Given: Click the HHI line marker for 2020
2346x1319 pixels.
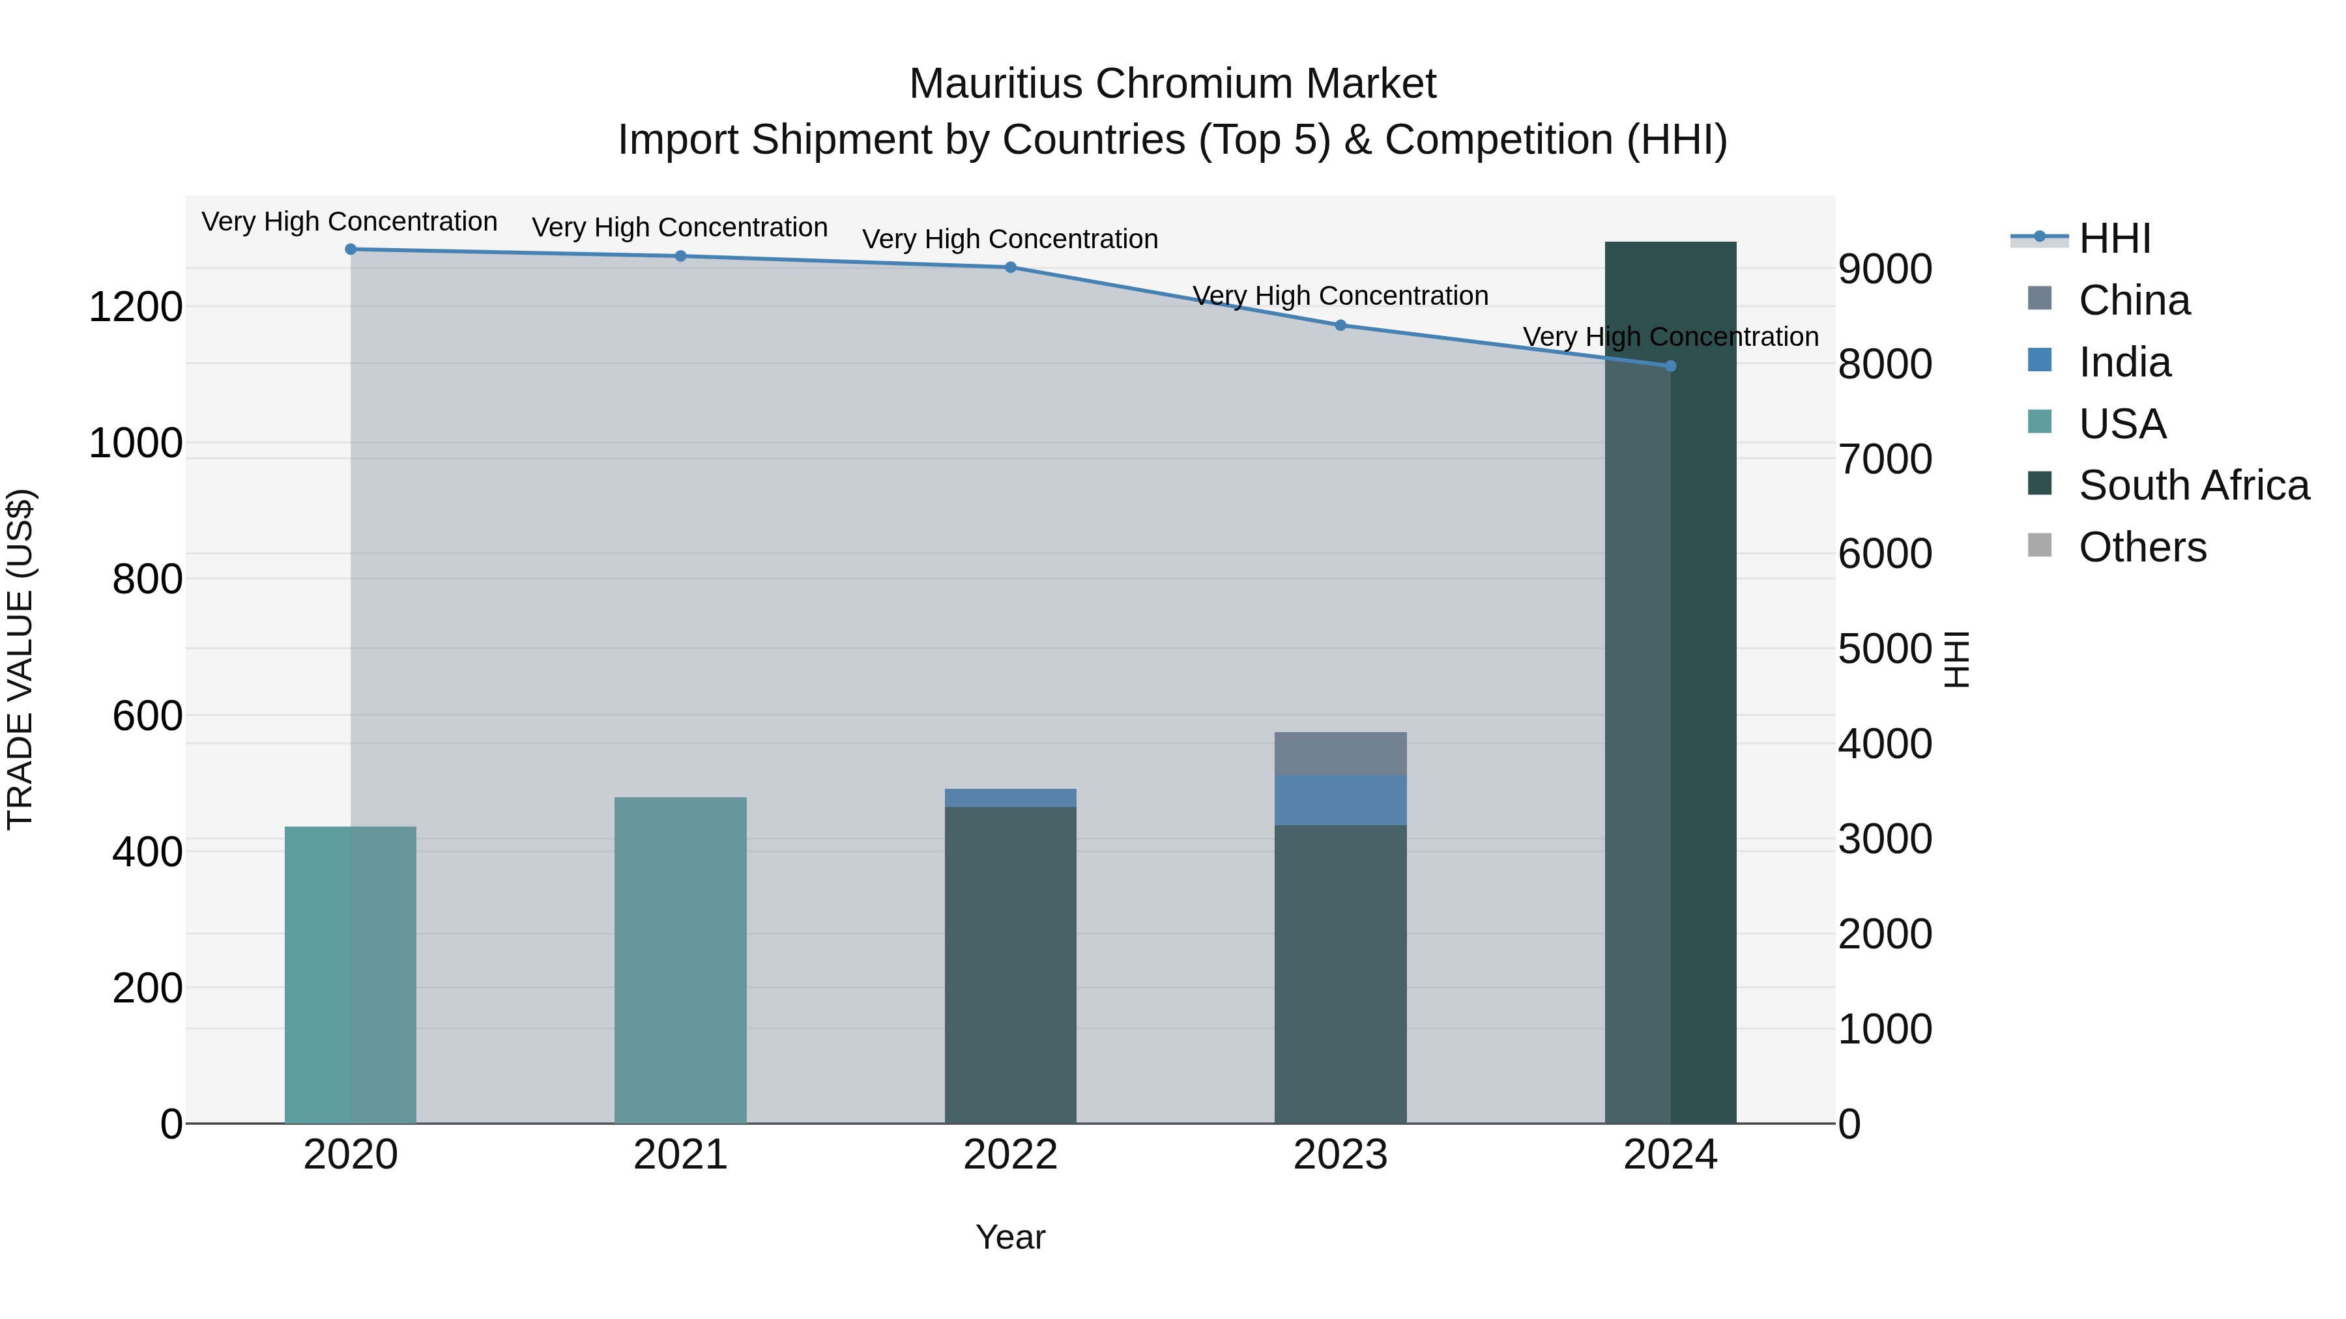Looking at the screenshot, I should [351, 249].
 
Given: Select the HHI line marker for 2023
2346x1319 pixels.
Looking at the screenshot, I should [1340, 325].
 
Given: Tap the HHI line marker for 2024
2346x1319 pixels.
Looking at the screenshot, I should [1670, 366].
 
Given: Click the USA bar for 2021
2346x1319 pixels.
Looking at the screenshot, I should [680, 960].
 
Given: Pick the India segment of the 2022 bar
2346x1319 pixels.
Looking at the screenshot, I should [1010, 799].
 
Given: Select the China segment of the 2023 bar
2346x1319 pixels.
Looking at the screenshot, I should [1340, 754].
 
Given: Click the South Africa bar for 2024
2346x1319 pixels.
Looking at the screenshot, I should [1670, 683].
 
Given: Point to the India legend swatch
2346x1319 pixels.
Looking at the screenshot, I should [2040, 360].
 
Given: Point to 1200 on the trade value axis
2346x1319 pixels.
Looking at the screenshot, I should [135, 307].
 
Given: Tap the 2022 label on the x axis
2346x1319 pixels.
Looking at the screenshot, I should [1010, 1155].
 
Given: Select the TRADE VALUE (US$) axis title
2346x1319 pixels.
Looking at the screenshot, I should [20, 659].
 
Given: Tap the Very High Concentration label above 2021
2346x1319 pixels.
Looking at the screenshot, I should [680, 227].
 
